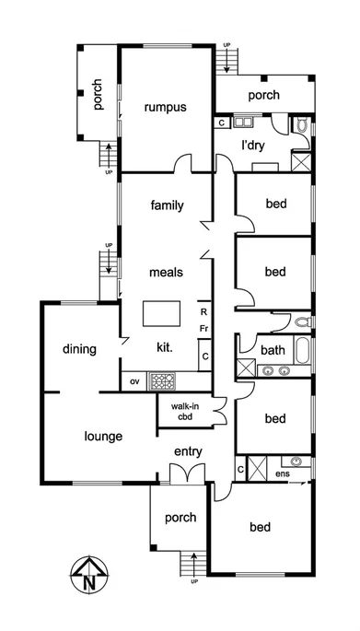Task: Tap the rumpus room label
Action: (166, 107)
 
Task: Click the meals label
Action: (167, 272)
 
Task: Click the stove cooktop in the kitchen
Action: (163, 380)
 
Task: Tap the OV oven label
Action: (134, 380)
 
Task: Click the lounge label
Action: (104, 436)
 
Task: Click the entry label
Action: (189, 451)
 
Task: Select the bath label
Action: (273, 350)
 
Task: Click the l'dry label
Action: (254, 146)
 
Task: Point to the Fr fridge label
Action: (203, 329)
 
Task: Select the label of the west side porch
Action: (97, 95)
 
